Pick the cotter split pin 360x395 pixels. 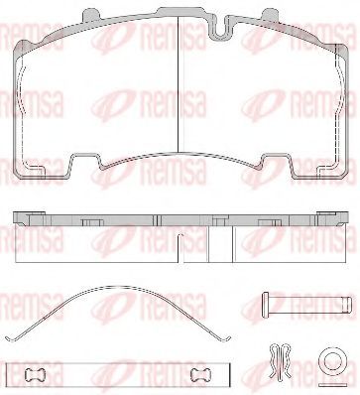pyautogui.click(x=281, y=361)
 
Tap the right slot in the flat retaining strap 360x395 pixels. pyautogui.click(x=202, y=374)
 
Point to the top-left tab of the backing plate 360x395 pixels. pyautogui.click(x=90, y=15)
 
